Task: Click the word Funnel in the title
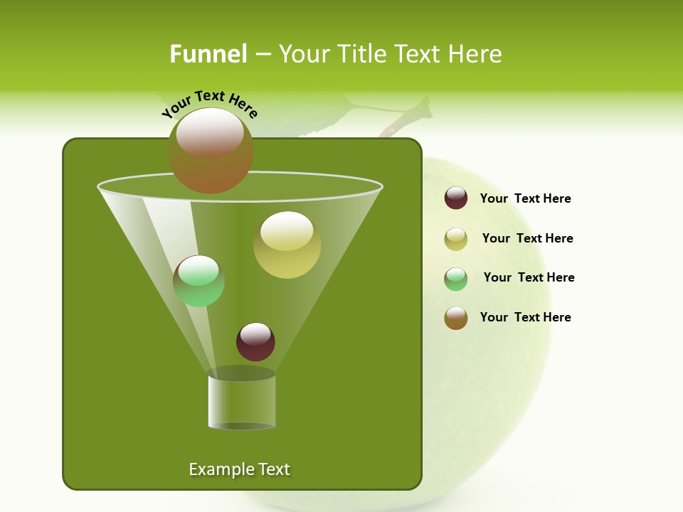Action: point(208,54)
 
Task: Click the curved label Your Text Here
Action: point(210,104)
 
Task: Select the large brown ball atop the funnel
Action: point(211,151)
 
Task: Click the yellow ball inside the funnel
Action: point(287,245)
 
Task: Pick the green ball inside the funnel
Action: point(198,281)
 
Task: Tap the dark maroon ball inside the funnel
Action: point(255,341)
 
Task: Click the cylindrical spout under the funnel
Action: point(241,402)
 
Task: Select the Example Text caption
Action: point(240,469)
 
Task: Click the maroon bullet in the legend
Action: point(456,198)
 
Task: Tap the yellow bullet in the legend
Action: point(456,239)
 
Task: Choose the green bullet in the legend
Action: point(456,279)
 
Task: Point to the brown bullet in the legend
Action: point(456,318)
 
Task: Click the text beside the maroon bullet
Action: point(525,198)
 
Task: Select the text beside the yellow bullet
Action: point(527,238)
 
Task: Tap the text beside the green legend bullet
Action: point(529,277)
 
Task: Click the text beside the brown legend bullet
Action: point(525,317)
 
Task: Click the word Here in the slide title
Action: point(475,54)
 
